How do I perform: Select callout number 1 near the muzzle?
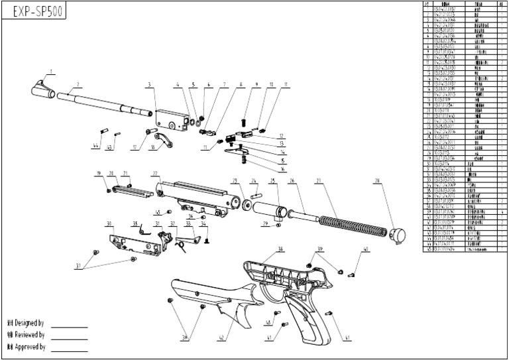point(50,70)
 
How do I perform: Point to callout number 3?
point(150,85)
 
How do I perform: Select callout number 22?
point(155,174)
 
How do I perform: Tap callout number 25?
point(272,180)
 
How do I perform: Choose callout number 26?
point(292,180)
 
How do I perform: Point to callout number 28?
point(377,180)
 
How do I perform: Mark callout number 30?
point(109,223)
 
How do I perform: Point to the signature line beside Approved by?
point(70,351)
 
